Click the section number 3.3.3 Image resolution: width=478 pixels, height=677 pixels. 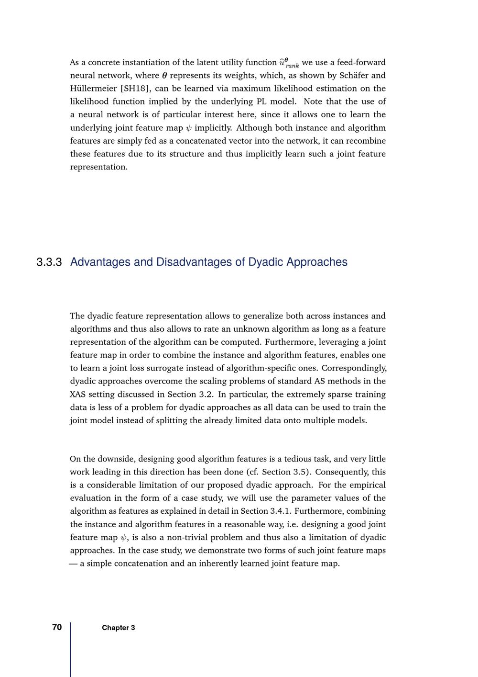tap(49, 262)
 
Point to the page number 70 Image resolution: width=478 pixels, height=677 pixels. tap(57, 627)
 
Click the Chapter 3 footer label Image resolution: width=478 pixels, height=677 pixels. tap(118, 628)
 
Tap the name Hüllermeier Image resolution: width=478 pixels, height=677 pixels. tap(93, 89)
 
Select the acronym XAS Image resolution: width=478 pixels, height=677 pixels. tap(78, 395)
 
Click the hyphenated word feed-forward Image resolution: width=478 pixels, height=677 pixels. tap(361, 62)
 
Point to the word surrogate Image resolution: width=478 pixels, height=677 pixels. tap(176, 368)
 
